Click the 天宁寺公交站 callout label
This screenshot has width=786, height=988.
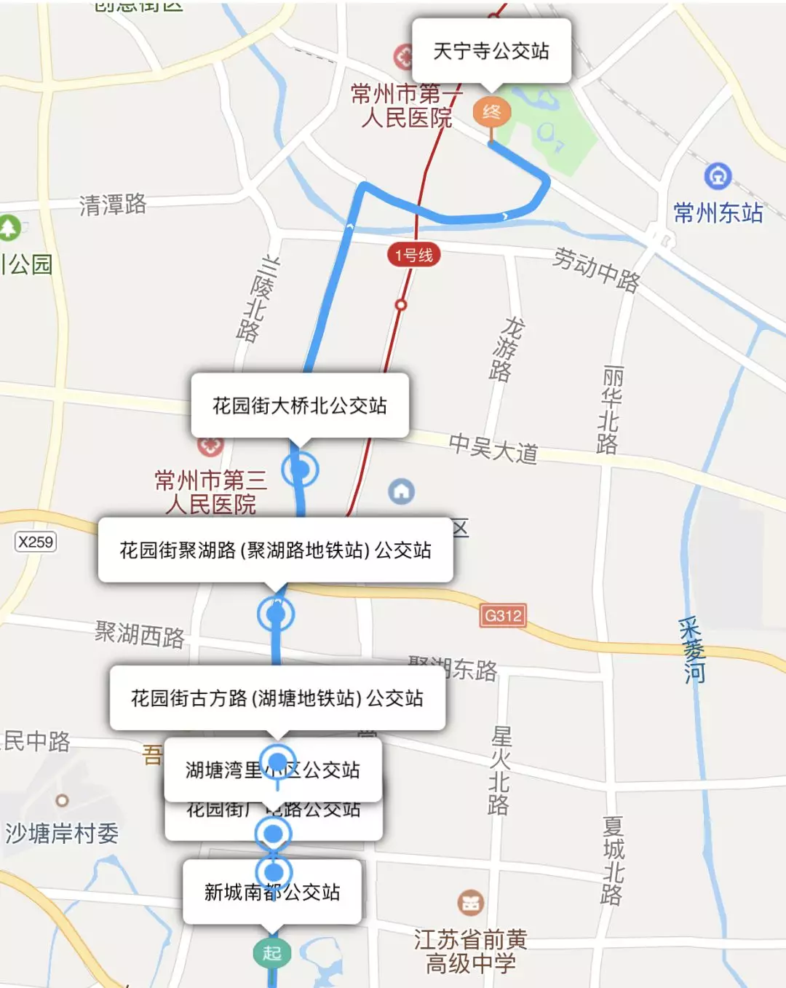[491, 51]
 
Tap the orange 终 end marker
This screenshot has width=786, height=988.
[492, 112]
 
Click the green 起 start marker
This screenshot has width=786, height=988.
[272, 952]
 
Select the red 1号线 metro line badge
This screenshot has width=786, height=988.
[413, 255]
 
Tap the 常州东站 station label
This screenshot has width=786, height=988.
[718, 213]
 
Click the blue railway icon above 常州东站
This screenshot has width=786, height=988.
[718, 175]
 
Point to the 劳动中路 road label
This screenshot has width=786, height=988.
[596, 269]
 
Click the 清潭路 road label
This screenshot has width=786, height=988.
[113, 205]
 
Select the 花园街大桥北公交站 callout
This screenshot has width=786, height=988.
[299, 406]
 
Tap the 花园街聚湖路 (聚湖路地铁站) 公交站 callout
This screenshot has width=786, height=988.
[275, 550]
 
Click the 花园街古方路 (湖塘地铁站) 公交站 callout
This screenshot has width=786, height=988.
[277, 698]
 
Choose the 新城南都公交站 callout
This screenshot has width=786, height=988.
[271, 892]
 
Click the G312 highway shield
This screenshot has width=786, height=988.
[503, 616]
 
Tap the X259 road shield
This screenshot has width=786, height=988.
[36, 542]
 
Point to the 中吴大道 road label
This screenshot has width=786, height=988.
[493, 448]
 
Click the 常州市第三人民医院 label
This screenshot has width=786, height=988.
[210, 491]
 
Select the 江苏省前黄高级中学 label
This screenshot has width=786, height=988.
[471, 951]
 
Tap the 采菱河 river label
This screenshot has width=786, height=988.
[692, 650]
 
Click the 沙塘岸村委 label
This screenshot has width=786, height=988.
[62, 833]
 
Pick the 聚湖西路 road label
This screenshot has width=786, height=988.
[140, 634]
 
